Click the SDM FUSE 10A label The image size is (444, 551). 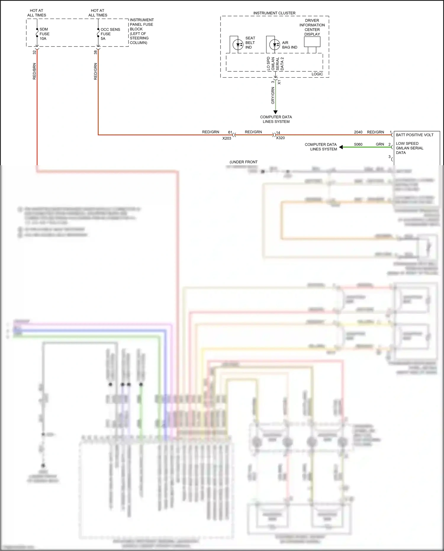tap(44, 34)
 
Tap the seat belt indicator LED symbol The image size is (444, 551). tap(238, 45)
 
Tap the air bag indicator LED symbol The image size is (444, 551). tap(274, 45)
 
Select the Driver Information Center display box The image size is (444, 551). tap(312, 42)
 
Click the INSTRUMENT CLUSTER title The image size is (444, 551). tap(274, 13)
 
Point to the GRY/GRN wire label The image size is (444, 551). tap(273, 96)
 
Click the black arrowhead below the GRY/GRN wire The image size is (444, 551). tap(276, 112)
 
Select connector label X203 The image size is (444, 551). tap(227, 138)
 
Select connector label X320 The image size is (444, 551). tap(280, 138)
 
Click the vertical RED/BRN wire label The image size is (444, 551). tap(34, 71)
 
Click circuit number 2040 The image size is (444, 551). tap(358, 132)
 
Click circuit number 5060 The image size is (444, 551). tap(358, 144)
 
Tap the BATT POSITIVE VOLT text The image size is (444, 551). tap(414, 135)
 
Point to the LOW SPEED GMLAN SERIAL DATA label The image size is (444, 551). tap(409, 148)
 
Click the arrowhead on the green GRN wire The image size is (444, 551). tap(341, 147)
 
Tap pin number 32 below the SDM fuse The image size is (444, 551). tap(34, 52)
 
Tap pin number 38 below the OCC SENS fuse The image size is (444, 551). tap(95, 52)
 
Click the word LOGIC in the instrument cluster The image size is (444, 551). tap(317, 74)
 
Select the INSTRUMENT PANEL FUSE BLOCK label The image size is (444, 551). tap(141, 31)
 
